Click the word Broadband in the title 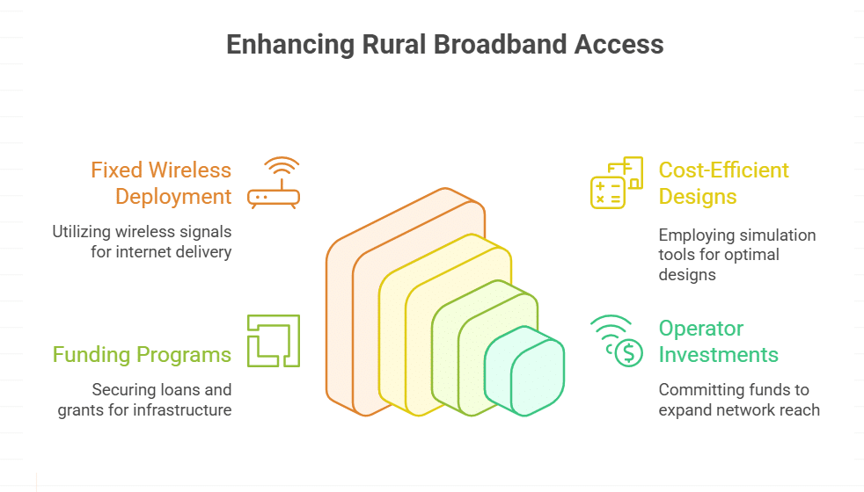click(499, 45)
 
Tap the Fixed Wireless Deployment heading click(161, 183)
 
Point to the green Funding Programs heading click(142, 355)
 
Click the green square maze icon click(274, 341)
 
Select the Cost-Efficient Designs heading click(724, 183)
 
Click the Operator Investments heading click(718, 341)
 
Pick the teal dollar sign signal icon click(616, 341)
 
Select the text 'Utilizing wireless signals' click(142, 233)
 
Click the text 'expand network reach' click(739, 409)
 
